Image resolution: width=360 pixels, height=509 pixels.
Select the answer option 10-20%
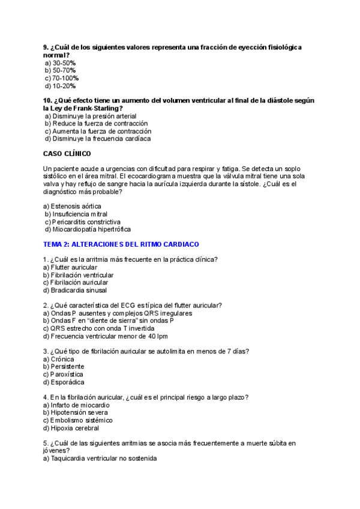click(60, 86)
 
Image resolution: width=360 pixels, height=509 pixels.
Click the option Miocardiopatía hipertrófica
click(88, 229)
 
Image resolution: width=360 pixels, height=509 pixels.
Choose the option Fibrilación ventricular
click(78, 275)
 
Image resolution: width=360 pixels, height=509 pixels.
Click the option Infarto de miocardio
click(72, 405)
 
